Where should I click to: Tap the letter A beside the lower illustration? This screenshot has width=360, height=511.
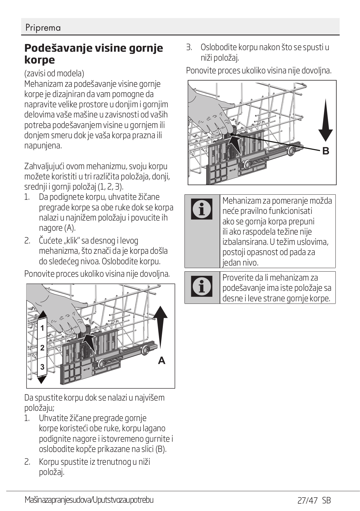(162, 361)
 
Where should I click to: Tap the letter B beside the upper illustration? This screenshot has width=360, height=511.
(326, 151)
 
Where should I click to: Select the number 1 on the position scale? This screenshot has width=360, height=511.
(42, 328)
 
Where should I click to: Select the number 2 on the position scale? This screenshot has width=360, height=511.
(42, 348)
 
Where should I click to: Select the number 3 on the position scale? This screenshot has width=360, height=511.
(42, 367)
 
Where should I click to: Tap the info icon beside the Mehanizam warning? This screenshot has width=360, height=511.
(202, 209)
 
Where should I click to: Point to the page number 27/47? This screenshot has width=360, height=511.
(307, 500)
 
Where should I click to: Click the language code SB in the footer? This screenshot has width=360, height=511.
(326, 500)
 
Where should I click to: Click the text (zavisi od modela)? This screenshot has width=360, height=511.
(54, 73)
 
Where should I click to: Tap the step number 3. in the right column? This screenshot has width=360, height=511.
(189, 48)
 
